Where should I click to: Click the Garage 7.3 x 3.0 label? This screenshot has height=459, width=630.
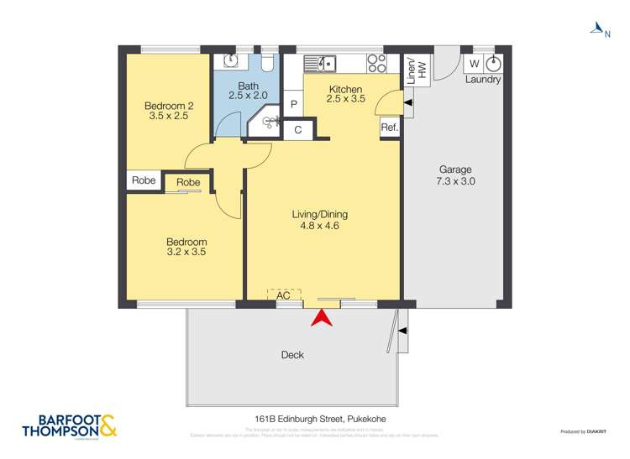[454, 175]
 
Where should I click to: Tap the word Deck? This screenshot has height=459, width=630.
[292, 355]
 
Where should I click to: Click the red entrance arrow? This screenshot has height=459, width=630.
[323, 319]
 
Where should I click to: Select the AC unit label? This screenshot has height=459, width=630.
[283, 295]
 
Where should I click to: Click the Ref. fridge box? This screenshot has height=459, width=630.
[389, 128]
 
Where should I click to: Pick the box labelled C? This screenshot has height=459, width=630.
[297, 130]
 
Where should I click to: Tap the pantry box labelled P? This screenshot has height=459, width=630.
[293, 104]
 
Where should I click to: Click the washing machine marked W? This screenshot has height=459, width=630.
[474, 64]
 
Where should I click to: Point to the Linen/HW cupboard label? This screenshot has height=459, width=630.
[416, 68]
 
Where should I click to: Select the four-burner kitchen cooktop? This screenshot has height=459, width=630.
[377, 62]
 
